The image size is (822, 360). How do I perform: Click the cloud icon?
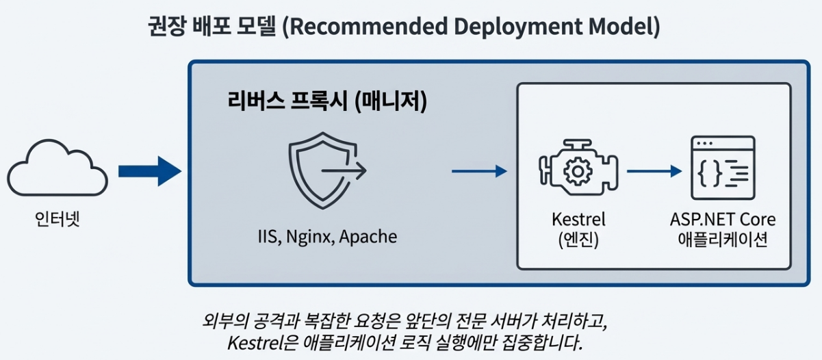coord(58,168)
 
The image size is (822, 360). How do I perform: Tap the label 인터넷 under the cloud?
coord(57,220)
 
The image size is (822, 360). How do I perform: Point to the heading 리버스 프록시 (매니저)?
coord(327,102)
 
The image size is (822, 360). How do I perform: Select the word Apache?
coord(368,237)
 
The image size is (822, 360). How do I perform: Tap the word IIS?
coord(266,237)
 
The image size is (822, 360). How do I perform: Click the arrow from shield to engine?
coord(478,171)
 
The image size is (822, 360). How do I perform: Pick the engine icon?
coord(578,168)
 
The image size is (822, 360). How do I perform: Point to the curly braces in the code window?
coord(708,174)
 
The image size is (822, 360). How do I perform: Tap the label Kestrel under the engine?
coord(578,220)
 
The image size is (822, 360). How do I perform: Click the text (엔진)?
coord(578,241)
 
